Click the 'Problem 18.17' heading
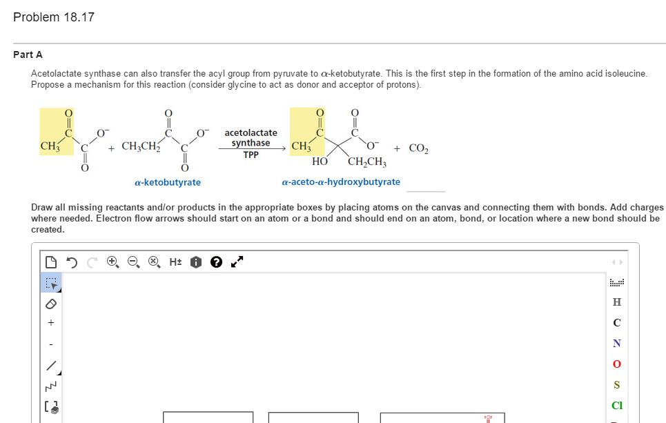coord(54,17)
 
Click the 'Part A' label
coord(28,55)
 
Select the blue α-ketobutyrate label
coord(168,182)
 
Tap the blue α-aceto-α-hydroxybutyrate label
coord(341,182)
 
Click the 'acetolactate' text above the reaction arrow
coord(251,132)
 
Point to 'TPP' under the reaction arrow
coord(251,155)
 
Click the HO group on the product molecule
coord(320,161)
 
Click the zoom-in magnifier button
coord(112,262)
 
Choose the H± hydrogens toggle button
coord(175,262)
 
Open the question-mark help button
coord(215,262)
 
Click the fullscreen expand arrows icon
coord(237,262)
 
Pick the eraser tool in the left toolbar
coord(49,303)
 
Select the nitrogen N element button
coord(616,343)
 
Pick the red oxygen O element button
coord(616,364)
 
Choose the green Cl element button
coord(616,405)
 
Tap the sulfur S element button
coord(616,384)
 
